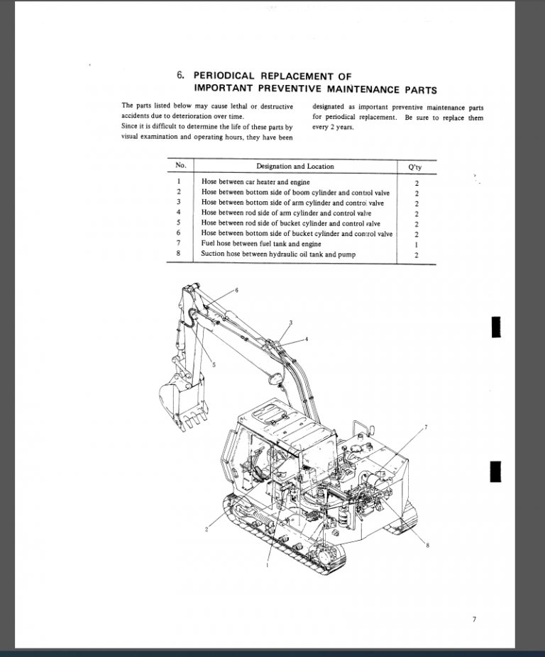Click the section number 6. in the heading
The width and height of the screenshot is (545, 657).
(180, 75)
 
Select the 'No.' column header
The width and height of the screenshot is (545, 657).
(180, 166)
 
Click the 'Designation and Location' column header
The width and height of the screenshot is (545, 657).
(295, 167)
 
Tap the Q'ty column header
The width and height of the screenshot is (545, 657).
(416, 167)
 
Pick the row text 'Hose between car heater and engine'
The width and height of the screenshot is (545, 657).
(246, 182)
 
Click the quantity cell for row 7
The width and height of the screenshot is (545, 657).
(417, 245)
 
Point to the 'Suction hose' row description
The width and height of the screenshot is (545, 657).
(278, 254)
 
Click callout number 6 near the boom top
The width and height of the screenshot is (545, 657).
(236, 291)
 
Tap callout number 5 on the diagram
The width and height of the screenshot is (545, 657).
(214, 364)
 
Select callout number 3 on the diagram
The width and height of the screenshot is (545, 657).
(291, 323)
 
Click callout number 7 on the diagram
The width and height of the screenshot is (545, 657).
(426, 427)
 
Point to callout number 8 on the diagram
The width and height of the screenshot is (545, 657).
(428, 544)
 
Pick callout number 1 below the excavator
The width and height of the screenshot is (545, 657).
(267, 566)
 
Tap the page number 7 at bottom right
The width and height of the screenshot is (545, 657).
(474, 620)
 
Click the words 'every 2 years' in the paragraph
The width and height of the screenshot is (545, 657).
(333, 128)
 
